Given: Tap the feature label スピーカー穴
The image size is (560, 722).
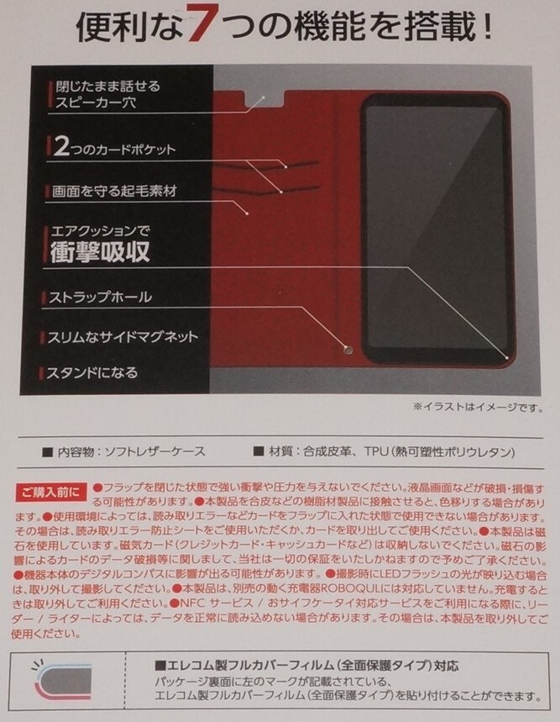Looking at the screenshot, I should click(92, 104).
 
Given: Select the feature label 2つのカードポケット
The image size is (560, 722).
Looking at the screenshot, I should click(113, 149).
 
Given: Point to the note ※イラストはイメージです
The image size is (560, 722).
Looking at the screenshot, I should click(474, 407).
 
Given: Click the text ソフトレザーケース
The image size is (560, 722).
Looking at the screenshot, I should click(154, 451).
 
